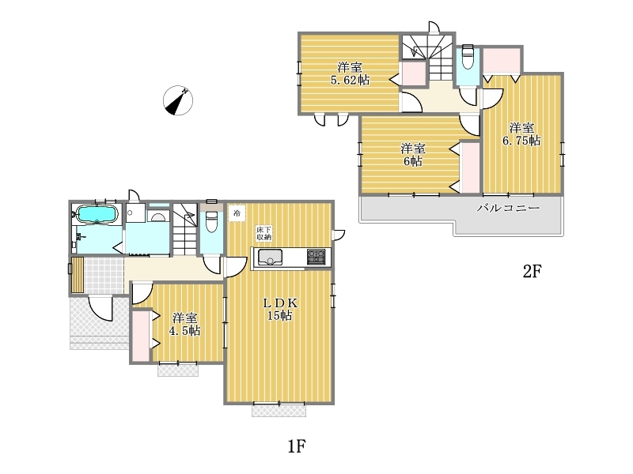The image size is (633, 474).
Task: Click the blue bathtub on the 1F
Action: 97,213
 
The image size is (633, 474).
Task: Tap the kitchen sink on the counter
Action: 270,257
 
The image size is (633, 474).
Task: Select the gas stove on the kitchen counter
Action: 316,257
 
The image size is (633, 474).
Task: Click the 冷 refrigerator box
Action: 237,213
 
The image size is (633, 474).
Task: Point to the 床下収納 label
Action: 264,234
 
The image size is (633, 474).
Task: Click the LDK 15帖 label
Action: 280,309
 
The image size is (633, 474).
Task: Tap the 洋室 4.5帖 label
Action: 186,325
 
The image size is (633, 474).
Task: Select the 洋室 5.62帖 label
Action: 350,73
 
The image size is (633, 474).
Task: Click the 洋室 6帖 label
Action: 413,155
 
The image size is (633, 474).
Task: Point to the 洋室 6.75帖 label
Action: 521,134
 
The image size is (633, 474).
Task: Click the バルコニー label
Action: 509,208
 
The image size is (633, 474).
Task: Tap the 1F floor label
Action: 297,446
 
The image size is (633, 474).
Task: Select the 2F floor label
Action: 532,271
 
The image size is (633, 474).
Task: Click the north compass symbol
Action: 177,100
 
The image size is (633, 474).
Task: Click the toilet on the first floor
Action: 211,221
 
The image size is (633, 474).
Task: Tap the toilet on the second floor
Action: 468,57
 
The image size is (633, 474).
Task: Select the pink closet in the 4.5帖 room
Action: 141,335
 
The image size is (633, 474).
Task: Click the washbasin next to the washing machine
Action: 157,216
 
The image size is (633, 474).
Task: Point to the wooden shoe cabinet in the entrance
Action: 78,275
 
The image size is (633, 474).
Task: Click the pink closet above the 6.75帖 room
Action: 502,61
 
